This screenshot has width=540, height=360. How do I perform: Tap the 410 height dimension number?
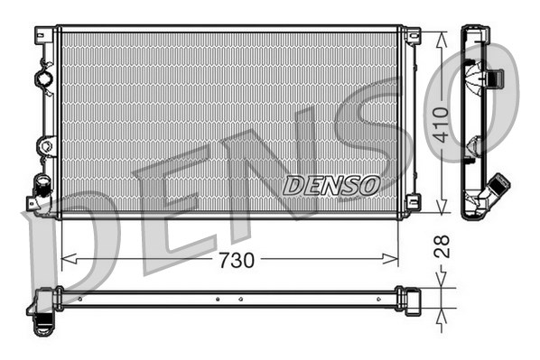click(x=440, y=125)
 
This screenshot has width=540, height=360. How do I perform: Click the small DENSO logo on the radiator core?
click(x=331, y=186)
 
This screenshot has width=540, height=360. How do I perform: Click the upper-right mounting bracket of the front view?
click(x=412, y=36)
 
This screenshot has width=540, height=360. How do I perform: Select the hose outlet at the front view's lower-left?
click(x=40, y=187)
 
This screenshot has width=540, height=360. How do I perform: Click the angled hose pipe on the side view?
click(x=496, y=191)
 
